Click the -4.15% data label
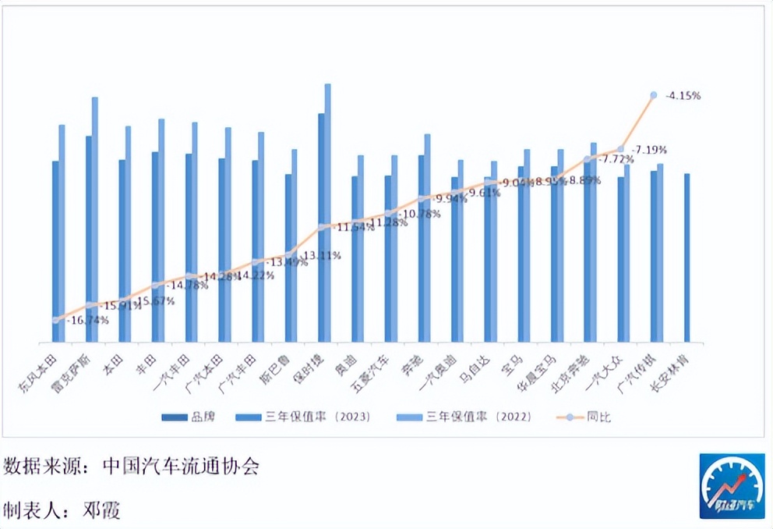coord(684,95)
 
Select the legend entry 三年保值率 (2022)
coord(478,417)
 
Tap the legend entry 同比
coord(600,417)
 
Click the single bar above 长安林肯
coord(687,257)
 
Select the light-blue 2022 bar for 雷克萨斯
coord(95,219)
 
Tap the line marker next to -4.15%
coord(654,95)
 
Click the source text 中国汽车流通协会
coord(181,467)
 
